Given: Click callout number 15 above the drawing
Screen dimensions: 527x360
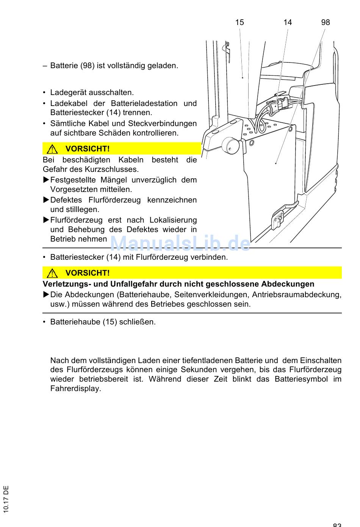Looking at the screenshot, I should (239, 22).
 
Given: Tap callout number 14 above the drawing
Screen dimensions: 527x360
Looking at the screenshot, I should (288, 22).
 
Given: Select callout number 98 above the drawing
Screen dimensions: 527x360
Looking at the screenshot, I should (326, 22).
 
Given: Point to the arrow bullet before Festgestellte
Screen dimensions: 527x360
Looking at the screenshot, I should (46, 180).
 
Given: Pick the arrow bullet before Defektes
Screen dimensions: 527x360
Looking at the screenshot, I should (46, 200).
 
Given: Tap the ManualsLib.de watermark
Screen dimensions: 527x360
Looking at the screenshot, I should (180, 243).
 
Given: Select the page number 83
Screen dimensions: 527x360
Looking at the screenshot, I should (337, 524).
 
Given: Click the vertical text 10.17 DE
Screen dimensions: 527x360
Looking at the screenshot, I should (6, 499).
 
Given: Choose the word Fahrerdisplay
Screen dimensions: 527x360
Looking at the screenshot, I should (75, 388).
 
